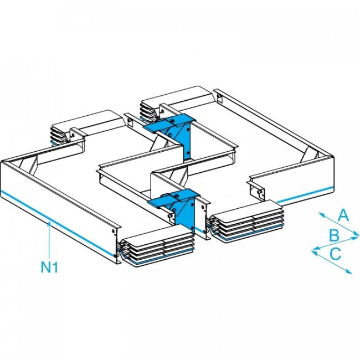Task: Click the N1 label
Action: [x=50, y=268]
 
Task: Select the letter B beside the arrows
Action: [x=334, y=235]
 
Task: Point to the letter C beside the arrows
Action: [x=335, y=254]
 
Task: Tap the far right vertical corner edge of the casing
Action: [x=335, y=174]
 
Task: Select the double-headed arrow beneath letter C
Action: [x=332, y=261]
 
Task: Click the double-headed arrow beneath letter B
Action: [x=336, y=243]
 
